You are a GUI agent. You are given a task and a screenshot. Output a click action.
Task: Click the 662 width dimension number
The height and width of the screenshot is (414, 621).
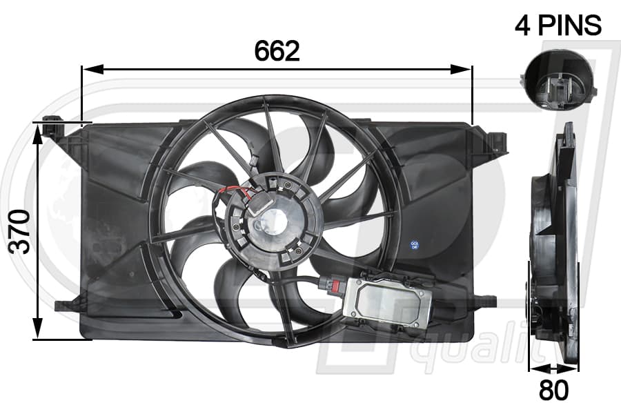point(277,51)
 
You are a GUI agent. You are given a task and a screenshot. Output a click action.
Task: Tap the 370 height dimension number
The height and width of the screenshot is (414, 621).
point(19,232)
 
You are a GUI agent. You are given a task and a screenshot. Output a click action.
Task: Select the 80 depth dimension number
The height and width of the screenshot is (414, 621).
point(553,390)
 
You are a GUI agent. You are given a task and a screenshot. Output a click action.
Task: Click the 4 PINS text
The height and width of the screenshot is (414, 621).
point(558,25)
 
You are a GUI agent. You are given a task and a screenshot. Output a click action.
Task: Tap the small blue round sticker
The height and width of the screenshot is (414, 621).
point(415,245)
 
